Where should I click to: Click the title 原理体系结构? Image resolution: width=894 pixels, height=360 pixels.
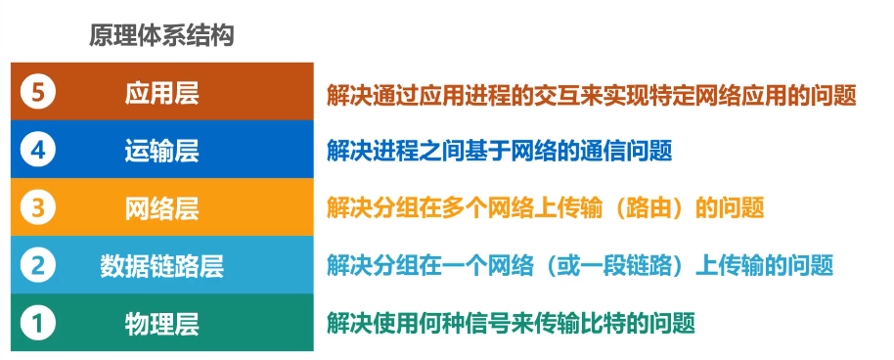161,37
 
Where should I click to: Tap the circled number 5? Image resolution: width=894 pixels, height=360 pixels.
38,94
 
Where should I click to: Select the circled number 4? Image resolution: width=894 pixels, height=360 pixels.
38,151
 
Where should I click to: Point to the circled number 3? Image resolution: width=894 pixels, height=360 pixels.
38,207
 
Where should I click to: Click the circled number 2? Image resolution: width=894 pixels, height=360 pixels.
38,264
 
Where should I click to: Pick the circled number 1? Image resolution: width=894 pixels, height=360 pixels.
38,322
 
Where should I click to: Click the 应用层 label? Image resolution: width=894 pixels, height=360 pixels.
162,94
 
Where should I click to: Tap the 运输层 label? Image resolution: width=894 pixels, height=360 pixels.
162,151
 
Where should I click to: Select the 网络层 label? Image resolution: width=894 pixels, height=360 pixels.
162,207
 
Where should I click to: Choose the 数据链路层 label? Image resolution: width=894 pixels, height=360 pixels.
162,264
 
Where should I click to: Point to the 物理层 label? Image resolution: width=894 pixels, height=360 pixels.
162,322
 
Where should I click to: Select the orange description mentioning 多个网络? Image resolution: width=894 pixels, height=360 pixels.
546,208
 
